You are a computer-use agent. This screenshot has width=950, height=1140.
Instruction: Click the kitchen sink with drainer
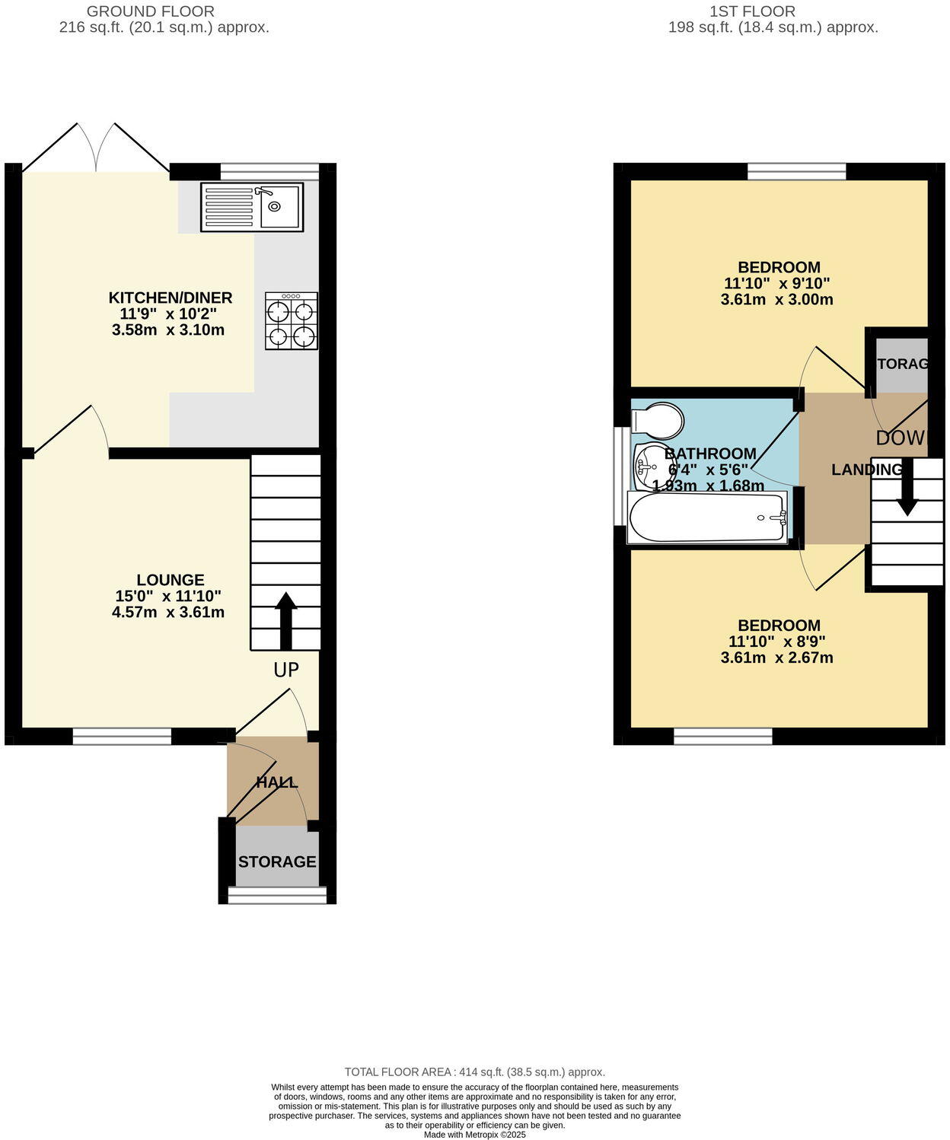pyautogui.click(x=252, y=207)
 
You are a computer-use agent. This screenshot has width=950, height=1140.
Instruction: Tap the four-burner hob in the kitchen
pyautogui.click(x=292, y=321)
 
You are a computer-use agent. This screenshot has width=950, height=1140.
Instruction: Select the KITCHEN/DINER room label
pyautogui.click(x=171, y=298)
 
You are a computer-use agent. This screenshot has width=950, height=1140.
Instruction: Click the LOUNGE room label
pyautogui.click(x=171, y=580)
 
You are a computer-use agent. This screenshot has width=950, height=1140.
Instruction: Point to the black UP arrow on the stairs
pyautogui.click(x=285, y=620)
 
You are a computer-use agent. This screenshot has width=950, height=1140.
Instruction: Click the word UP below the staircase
pyautogui.click(x=286, y=670)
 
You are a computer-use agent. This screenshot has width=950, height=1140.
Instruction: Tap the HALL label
pyautogui.click(x=276, y=782)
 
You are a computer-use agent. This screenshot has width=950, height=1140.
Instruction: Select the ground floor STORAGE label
pyautogui.click(x=277, y=861)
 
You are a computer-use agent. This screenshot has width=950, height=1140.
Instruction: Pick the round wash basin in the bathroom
pyautogui.click(x=651, y=464)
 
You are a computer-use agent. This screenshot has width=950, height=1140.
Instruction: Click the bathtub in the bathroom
pyautogui.click(x=707, y=517)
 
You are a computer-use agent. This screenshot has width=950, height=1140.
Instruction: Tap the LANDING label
pyautogui.click(x=866, y=470)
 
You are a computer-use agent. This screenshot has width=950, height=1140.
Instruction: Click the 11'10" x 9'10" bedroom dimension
pyautogui.click(x=776, y=283)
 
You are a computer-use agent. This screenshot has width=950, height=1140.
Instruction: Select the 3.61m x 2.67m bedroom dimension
pyautogui.click(x=776, y=658)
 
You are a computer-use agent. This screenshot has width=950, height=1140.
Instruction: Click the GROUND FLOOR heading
pyautogui.click(x=150, y=11)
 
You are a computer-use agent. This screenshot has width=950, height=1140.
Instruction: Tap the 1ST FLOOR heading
pyautogui.click(x=752, y=11)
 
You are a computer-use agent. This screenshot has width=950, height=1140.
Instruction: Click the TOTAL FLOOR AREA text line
pyautogui.click(x=474, y=1072)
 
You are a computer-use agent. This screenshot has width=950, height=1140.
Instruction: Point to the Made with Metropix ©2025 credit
pyautogui.click(x=474, y=1134)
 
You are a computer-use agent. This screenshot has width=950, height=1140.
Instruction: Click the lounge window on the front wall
pyautogui.click(x=122, y=735)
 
